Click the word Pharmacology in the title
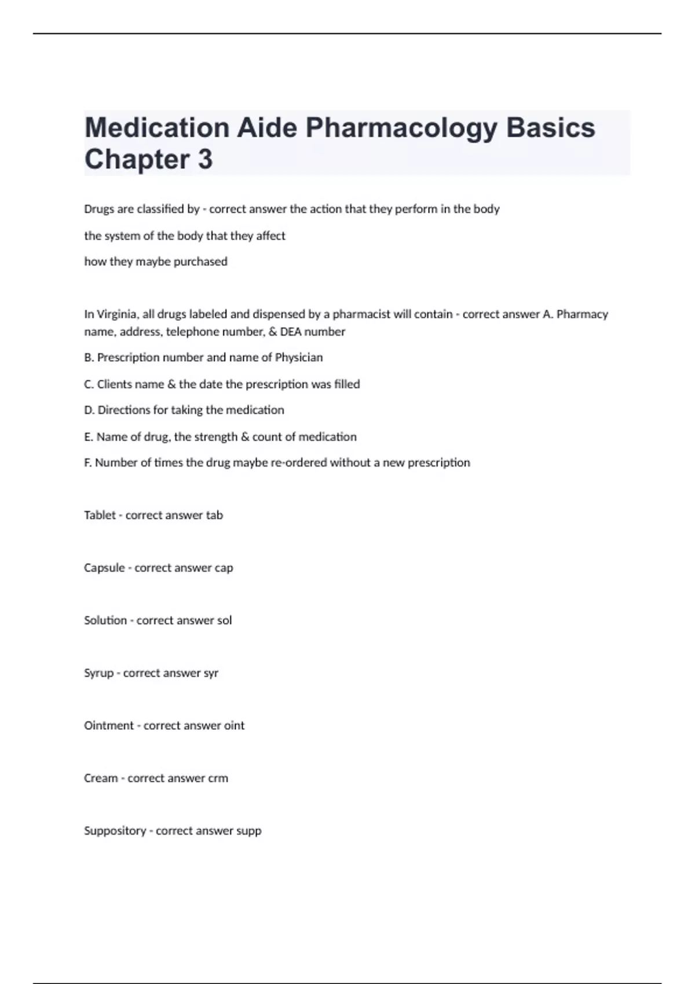click(401, 128)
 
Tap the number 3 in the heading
click(205, 160)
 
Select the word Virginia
click(116, 314)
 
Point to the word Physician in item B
click(298, 358)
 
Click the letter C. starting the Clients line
click(89, 384)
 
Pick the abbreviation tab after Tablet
click(214, 515)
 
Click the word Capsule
click(104, 568)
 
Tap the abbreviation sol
click(224, 620)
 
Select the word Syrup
click(98, 673)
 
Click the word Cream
click(101, 779)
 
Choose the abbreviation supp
click(248, 831)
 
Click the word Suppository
click(115, 831)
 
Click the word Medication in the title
click(157, 128)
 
